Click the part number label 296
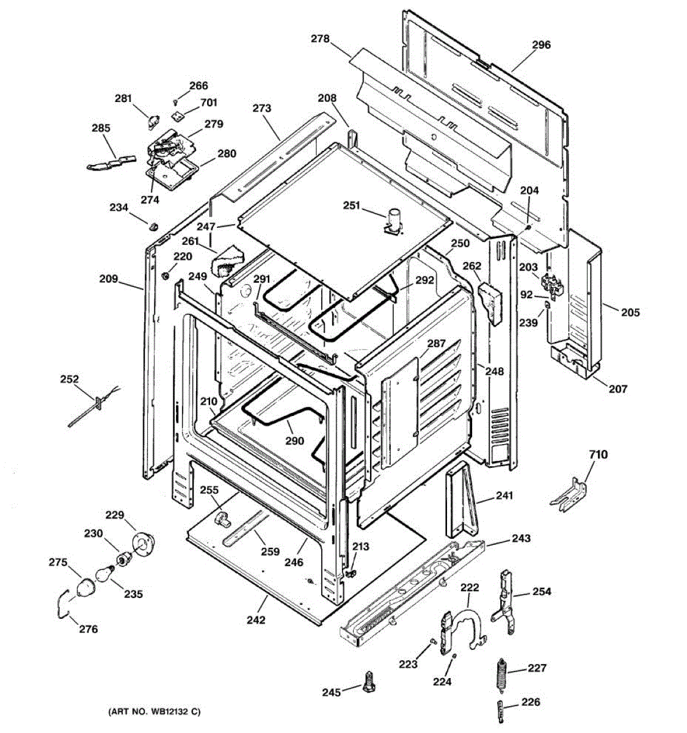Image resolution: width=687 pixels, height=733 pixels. [541, 45]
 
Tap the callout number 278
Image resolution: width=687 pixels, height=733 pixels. [320, 39]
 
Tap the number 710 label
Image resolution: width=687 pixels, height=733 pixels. [598, 455]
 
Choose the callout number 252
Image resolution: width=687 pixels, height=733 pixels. [70, 379]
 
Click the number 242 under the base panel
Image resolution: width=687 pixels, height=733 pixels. [256, 620]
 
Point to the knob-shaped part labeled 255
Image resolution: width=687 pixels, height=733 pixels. [222, 519]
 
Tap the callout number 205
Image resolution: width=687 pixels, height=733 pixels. [631, 313]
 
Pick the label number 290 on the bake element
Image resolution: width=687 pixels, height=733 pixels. [295, 441]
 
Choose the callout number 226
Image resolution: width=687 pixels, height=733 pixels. [531, 702]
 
